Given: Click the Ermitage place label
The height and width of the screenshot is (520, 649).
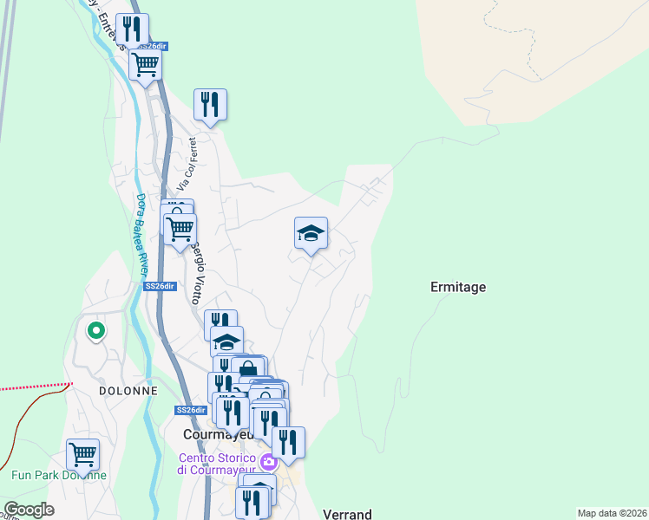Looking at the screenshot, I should [x=458, y=287].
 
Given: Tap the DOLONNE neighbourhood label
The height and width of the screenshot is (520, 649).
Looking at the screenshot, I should [x=127, y=391].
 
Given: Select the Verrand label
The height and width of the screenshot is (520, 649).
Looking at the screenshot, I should [x=347, y=514].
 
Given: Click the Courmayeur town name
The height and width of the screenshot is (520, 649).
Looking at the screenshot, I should [x=217, y=434].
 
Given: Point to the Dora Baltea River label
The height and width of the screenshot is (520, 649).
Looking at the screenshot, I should [x=140, y=233].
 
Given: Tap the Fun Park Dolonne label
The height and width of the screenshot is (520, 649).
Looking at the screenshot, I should [x=58, y=475].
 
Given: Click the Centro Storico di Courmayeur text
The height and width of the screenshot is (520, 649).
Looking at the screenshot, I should [x=217, y=464].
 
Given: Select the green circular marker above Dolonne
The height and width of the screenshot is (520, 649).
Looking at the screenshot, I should [x=95, y=329].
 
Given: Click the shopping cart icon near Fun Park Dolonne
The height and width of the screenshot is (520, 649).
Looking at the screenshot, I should [x=82, y=453].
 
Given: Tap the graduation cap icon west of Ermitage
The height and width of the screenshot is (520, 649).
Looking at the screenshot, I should [x=311, y=232].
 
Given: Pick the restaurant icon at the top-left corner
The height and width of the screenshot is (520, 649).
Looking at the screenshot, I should [x=132, y=29].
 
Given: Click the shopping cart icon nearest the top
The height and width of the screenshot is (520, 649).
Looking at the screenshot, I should [x=145, y=63].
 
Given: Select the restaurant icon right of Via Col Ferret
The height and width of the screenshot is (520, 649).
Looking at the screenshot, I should [x=210, y=104].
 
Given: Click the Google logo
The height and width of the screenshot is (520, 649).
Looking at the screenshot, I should [x=29, y=510].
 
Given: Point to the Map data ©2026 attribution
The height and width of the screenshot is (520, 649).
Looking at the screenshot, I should [x=612, y=513].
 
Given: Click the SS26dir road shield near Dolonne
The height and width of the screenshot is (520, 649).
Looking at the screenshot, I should [x=191, y=410].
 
